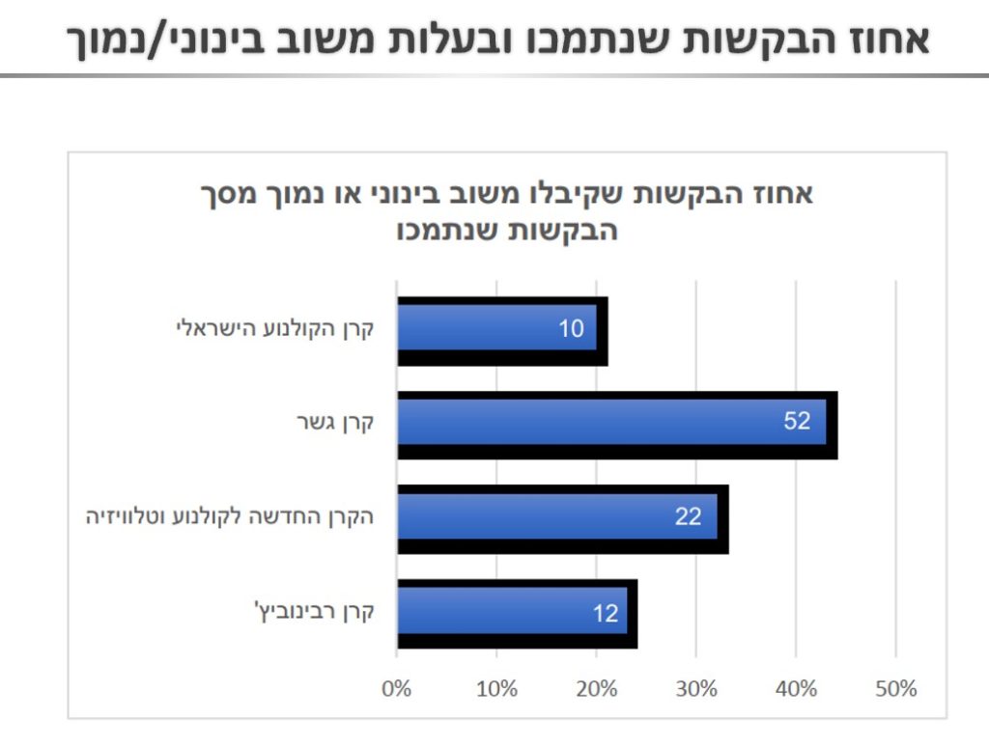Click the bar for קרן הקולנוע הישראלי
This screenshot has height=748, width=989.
point(497,329)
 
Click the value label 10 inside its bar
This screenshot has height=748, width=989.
point(571,329)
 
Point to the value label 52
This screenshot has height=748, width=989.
point(797,422)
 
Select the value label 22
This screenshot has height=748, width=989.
point(688,516)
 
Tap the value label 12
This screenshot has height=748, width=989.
point(606,613)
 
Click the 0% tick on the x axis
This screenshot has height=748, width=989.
point(397,689)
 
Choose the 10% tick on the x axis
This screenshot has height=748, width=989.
point(496,689)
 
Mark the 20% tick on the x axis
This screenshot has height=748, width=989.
point(597,689)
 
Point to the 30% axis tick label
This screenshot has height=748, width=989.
point(696,689)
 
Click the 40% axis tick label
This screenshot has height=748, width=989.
point(796,689)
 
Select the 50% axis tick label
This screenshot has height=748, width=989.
point(895,689)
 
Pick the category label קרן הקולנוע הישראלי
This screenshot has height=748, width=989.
point(274,329)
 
